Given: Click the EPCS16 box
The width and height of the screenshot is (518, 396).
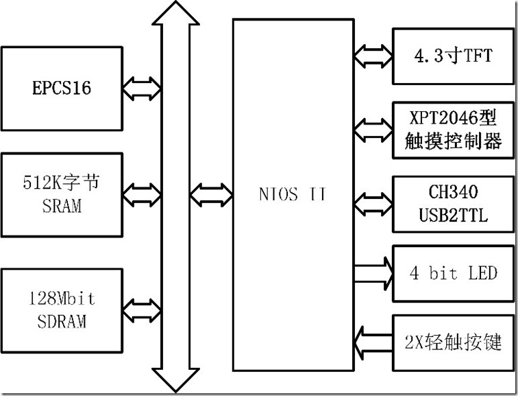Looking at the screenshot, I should tap(62, 89).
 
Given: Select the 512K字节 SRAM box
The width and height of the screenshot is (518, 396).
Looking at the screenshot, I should tap(62, 195).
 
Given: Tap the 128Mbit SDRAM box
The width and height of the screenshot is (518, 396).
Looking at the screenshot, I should tap(62, 310).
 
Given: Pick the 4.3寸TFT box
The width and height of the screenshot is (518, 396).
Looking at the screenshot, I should tap(454, 56).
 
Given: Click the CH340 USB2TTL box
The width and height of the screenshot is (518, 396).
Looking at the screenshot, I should tap(454, 204).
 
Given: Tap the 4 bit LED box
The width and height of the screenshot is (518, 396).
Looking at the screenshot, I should tap(454, 273).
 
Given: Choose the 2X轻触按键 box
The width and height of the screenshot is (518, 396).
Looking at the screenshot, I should tap(454, 341).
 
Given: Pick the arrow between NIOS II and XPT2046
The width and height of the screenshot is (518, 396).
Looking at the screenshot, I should tap(373, 127).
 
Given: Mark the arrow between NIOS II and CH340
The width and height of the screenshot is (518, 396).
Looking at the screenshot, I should tap(373, 200).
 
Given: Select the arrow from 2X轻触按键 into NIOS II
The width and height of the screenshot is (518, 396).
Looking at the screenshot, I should tap(373, 339).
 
